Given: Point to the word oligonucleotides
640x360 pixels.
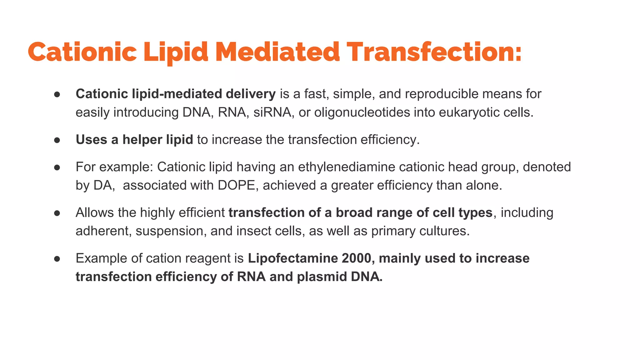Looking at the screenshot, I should [362, 112].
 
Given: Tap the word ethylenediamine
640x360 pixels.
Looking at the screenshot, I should [347, 167].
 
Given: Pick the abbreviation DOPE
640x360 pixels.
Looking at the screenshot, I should [236, 185].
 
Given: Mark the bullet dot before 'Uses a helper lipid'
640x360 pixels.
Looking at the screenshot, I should [57, 140].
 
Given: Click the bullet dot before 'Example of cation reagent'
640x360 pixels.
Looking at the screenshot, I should [57, 258].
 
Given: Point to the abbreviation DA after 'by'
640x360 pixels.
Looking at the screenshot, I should [103, 185].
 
